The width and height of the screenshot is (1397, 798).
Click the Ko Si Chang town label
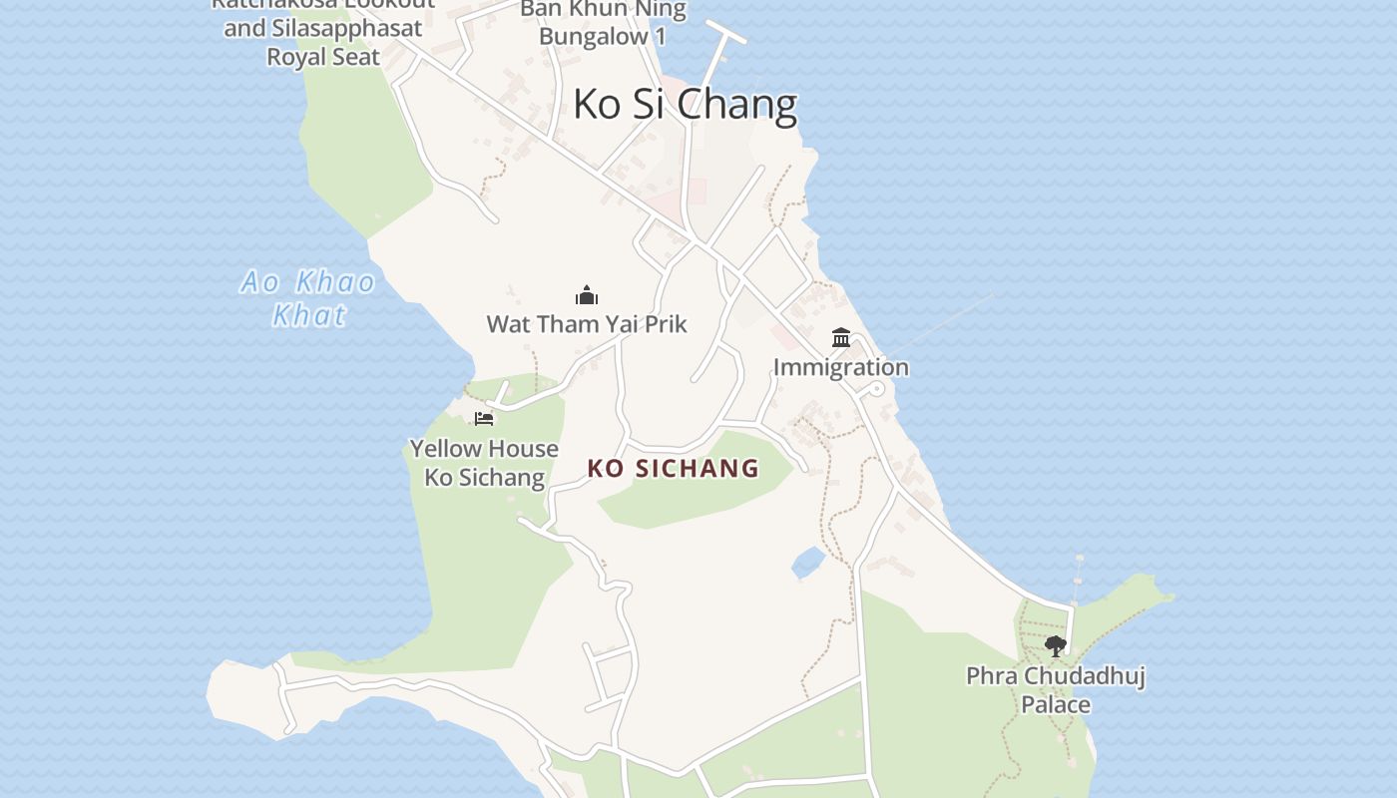coord(685,104)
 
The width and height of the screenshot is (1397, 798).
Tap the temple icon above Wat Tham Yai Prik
coord(587,295)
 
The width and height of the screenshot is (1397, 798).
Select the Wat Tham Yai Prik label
coord(587,324)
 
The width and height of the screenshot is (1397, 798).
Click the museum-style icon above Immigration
coord(841,338)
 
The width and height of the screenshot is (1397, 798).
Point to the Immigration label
coord(841,367)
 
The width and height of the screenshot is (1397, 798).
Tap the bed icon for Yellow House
coord(484,418)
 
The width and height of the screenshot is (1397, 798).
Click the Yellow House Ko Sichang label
coord(484,463)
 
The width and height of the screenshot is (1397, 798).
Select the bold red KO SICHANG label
coord(674,468)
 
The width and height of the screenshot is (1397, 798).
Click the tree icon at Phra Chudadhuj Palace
coord(1055,646)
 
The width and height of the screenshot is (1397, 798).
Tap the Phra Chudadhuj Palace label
coord(1055,689)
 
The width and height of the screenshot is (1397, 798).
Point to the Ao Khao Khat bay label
coord(308,298)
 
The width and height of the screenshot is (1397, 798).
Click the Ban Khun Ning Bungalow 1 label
coord(603,23)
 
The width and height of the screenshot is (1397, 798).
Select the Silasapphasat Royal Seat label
coord(322,42)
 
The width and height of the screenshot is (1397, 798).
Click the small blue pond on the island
coord(808,563)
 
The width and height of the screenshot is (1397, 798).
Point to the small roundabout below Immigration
coord(875,389)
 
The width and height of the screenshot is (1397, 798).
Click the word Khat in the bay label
coord(309,315)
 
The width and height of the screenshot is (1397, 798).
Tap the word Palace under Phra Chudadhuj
coord(1055,704)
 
